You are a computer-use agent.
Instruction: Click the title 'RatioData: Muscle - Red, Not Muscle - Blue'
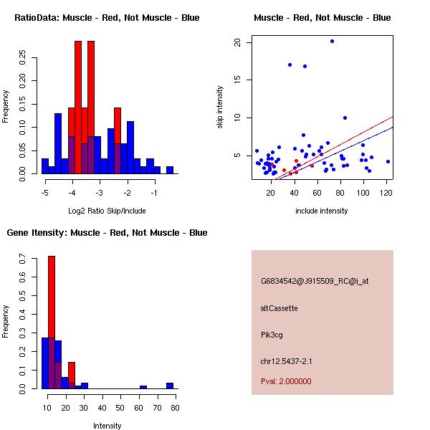(x=107, y=18)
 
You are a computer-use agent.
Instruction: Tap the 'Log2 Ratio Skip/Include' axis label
(x=107, y=211)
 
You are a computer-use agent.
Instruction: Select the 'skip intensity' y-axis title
(x=220, y=107)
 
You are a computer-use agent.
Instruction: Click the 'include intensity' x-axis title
(x=322, y=211)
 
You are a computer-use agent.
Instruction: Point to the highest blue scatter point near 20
(x=332, y=41)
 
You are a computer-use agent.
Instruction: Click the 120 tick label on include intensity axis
(x=386, y=193)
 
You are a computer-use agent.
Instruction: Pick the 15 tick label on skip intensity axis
(x=237, y=80)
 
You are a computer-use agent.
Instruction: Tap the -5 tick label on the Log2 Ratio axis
(x=44, y=193)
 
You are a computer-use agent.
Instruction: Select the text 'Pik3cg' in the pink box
(x=272, y=335)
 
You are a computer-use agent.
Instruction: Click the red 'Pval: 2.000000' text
(x=286, y=381)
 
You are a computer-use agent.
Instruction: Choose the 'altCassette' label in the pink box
(x=279, y=308)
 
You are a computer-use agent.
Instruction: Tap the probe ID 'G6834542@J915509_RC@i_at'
(x=315, y=281)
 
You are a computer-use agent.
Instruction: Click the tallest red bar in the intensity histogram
(x=52, y=322)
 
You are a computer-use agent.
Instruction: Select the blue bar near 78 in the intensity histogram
(x=171, y=386)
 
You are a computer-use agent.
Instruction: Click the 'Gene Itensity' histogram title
(x=107, y=233)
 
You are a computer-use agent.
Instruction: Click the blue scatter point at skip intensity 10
(x=345, y=118)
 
